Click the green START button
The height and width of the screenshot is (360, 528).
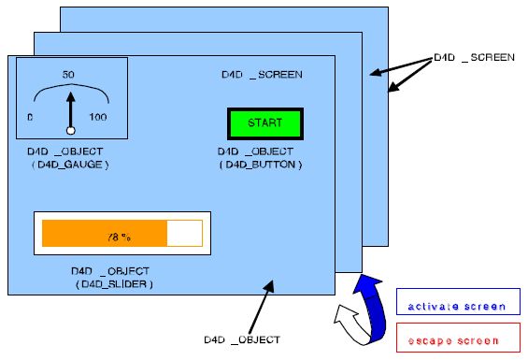coord(264,123)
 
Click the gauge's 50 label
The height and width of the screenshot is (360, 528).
coord(68,74)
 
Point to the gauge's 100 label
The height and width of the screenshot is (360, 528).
coord(98,117)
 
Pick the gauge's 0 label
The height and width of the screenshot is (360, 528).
coord(30,117)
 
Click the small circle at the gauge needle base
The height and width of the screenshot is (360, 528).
coord(69,130)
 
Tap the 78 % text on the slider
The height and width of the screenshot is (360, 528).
coord(117,234)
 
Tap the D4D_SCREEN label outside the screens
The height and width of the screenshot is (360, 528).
coord(474,57)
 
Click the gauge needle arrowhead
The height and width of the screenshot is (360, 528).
coord(69,95)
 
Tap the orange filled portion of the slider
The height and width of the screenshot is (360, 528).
coord(103,234)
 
